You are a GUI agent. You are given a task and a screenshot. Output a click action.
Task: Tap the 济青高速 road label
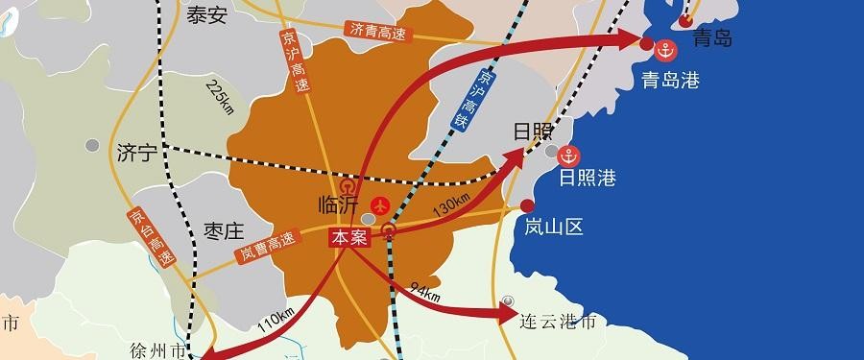(378, 31)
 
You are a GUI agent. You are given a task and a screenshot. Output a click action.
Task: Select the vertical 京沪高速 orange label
(295, 59)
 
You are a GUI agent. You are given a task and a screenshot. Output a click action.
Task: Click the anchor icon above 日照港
(570, 156)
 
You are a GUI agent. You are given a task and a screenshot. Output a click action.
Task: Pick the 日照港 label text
(587, 178)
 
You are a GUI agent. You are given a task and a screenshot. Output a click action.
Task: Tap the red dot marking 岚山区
(527, 205)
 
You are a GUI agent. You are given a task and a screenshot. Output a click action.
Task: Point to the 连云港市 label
(557, 321)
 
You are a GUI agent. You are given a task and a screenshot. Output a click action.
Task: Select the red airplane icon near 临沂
(380, 205)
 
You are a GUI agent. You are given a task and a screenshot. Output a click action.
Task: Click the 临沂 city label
(337, 205)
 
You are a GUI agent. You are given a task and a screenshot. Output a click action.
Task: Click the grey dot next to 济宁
(92, 145)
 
